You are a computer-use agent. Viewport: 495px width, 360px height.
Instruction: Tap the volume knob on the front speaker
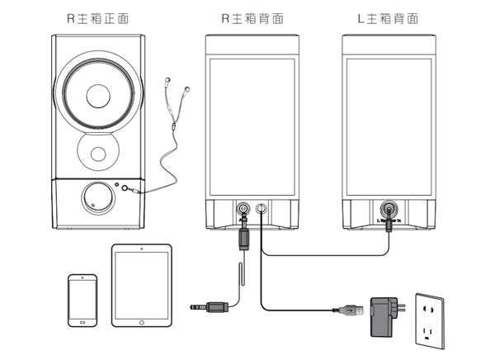[95, 197]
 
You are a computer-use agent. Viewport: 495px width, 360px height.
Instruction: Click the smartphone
[82, 301]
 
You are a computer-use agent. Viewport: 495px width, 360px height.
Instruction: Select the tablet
[142, 284]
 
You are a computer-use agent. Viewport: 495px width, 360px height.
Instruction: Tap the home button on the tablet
[142, 322]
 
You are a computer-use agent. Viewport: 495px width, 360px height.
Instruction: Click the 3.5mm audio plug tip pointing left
[196, 306]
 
